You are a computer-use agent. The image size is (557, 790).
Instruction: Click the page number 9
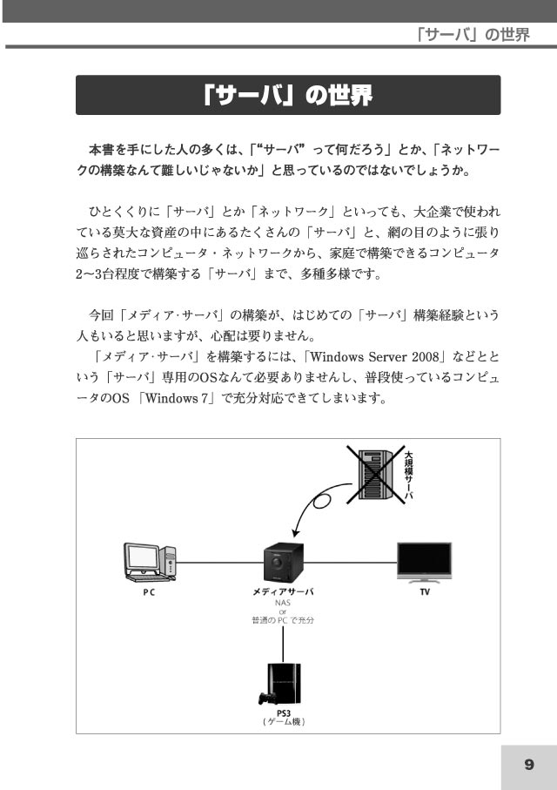tap(529, 764)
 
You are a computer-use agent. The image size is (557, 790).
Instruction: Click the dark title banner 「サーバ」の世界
tap(288, 95)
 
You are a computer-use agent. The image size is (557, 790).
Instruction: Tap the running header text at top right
tap(473, 35)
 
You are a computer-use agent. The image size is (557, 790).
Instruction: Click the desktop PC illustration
tap(151, 563)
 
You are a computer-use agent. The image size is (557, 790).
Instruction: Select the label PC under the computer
tap(149, 592)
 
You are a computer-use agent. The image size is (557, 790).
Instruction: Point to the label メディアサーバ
tap(283, 591)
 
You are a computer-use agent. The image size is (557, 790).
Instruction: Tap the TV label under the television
tap(425, 592)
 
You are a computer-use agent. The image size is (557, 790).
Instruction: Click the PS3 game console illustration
tap(280, 685)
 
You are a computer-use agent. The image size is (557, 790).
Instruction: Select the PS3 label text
tap(284, 712)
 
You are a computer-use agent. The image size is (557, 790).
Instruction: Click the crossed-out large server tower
tap(375, 475)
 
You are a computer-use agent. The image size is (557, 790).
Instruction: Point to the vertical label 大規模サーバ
tap(409, 475)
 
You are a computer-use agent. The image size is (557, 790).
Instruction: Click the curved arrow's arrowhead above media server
tap(296, 533)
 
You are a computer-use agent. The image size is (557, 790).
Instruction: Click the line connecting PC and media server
tap(220, 563)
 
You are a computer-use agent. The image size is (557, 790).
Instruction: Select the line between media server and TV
tap(351, 563)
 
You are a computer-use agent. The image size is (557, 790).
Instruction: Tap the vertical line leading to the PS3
tap(283, 644)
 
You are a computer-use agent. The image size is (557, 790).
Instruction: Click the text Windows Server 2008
tap(375, 357)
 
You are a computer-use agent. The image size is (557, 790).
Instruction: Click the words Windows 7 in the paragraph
tap(177, 398)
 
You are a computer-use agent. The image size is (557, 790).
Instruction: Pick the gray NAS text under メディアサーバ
tap(283, 602)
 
